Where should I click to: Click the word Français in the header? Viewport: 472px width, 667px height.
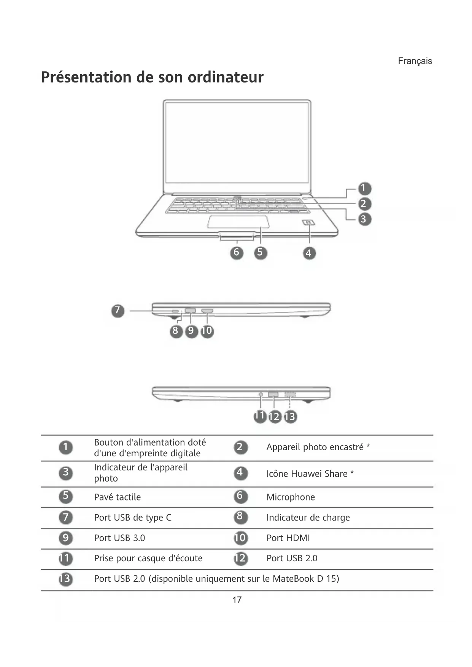point(415,61)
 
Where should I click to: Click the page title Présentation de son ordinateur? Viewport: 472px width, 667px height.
point(152,77)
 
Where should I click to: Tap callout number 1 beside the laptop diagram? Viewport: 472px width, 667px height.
point(364,188)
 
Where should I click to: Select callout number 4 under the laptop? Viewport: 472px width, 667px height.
point(309,253)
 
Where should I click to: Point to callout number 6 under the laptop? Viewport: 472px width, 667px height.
point(237,253)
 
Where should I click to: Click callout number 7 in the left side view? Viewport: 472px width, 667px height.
point(118,311)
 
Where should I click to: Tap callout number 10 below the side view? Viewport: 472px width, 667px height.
point(207,331)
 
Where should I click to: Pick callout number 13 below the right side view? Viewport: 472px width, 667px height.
point(290,417)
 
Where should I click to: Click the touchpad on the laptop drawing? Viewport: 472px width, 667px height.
point(238,222)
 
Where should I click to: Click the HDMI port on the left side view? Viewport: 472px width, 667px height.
point(207,311)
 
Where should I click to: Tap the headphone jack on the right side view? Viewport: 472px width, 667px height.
point(261,394)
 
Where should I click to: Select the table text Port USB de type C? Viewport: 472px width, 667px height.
point(133,518)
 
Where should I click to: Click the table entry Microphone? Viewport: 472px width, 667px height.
point(291,497)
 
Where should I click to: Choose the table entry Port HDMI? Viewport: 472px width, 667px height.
point(288,538)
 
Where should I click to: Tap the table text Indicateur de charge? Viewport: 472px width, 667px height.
point(308,518)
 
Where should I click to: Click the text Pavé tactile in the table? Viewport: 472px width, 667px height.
point(117,497)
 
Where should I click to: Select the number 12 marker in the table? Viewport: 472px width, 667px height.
point(240,558)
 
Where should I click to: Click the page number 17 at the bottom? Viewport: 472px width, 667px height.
point(237,600)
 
